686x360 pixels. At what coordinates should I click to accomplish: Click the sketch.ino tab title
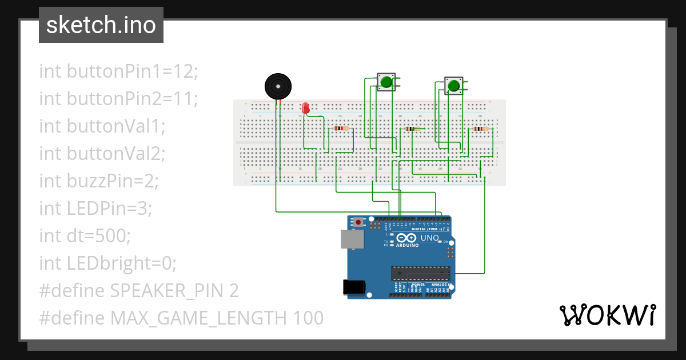tap(101, 25)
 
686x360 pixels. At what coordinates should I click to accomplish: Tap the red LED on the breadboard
tap(306, 107)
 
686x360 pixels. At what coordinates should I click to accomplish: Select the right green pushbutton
tap(454, 86)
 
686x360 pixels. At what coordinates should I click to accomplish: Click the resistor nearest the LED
tap(341, 129)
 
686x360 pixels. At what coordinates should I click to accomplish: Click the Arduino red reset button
tap(358, 222)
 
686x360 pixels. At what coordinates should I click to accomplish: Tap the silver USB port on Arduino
tap(352, 239)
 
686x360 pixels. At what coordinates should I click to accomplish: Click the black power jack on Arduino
tap(353, 287)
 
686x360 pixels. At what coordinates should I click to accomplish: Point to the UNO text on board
tap(429, 238)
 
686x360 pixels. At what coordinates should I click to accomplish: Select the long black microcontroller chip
tap(420, 273)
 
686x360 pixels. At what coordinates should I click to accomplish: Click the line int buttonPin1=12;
tap(118, 71)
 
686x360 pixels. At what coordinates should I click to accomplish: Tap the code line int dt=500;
tap(85, 236)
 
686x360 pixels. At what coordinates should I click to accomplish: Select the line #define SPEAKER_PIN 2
tap(139, 291)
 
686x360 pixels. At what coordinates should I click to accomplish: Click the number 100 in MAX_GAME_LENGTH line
tap(309, 318)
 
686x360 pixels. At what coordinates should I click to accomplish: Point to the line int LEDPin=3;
tap(95, 209)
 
